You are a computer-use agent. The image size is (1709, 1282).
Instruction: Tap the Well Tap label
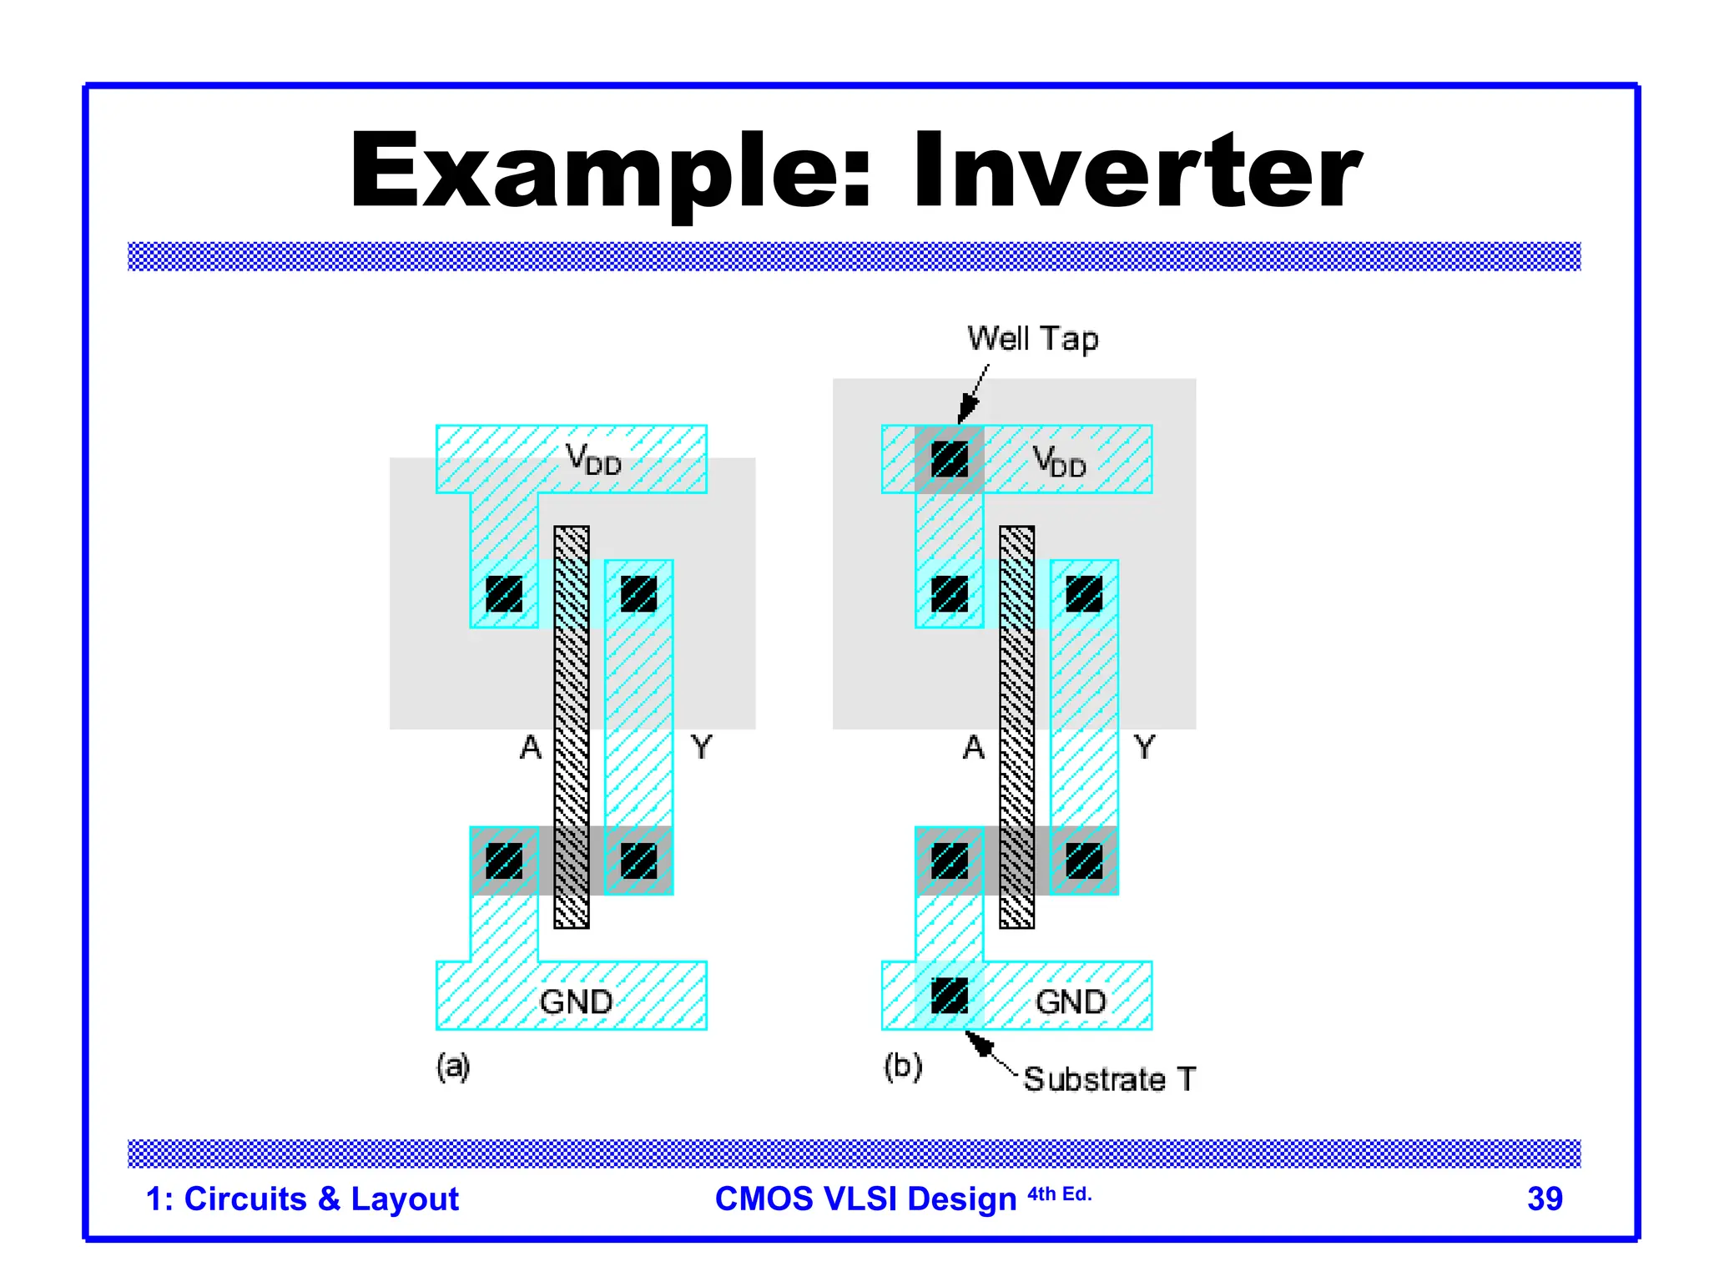(1032, 339)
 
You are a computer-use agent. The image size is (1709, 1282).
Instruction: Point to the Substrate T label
(1109, 1079)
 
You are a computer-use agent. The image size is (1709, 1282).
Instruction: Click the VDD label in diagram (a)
(593, 459)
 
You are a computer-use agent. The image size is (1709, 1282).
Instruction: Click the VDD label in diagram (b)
(1059, 461)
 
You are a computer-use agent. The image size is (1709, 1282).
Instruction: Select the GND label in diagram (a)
(576, 1002)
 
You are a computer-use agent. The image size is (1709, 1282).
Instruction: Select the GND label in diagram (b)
(1071, 1002)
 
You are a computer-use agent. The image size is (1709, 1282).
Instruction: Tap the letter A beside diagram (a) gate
(531, 747)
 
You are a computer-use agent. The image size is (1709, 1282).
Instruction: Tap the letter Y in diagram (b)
(1145, 747)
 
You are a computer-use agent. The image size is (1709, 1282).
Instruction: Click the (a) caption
(453, 1067)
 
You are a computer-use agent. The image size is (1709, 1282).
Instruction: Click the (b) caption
(903, 1067)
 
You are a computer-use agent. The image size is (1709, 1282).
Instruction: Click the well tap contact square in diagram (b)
(949, 459)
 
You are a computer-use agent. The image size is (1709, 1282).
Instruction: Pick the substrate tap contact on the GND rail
(949, 996)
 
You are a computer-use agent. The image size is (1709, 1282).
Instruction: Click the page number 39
(1545, 1199)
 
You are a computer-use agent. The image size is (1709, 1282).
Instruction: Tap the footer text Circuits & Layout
(320, 1199)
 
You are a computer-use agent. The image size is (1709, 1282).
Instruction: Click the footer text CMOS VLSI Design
(865, 1199)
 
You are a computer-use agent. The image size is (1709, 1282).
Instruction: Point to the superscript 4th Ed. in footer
(1059, 1194)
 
